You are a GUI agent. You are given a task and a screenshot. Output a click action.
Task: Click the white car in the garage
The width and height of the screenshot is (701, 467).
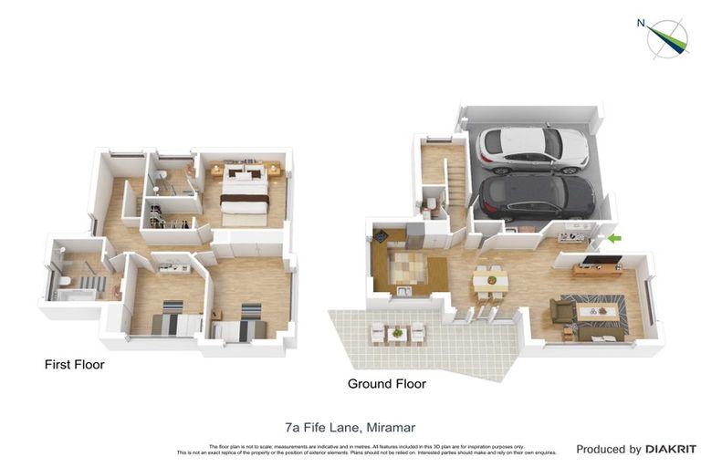[533, 148]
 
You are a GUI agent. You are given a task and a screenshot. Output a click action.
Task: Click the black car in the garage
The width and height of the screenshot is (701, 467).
[537, 196]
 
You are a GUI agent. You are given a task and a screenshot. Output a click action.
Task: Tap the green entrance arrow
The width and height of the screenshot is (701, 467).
[614, 239]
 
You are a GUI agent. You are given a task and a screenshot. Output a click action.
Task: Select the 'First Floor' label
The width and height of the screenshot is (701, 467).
[75, 365]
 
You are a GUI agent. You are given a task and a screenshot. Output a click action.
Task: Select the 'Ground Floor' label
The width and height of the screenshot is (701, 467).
[387, 384]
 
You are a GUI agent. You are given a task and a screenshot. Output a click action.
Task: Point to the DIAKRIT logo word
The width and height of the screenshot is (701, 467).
[671, 449]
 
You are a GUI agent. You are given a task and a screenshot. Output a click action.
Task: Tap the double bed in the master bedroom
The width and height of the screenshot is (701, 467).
[245, 197]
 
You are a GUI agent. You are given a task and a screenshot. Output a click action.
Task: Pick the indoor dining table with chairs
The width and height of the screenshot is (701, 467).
[490, 278]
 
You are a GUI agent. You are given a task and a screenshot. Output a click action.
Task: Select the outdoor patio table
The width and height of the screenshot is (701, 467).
[397, 333]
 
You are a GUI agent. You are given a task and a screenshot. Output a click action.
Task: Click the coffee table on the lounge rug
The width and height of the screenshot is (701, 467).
[597, 312]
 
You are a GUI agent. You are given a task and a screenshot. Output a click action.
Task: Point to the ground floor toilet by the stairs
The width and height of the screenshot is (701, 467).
[429, 202]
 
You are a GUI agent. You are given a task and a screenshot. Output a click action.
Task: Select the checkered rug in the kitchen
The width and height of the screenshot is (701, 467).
[408, 266]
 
